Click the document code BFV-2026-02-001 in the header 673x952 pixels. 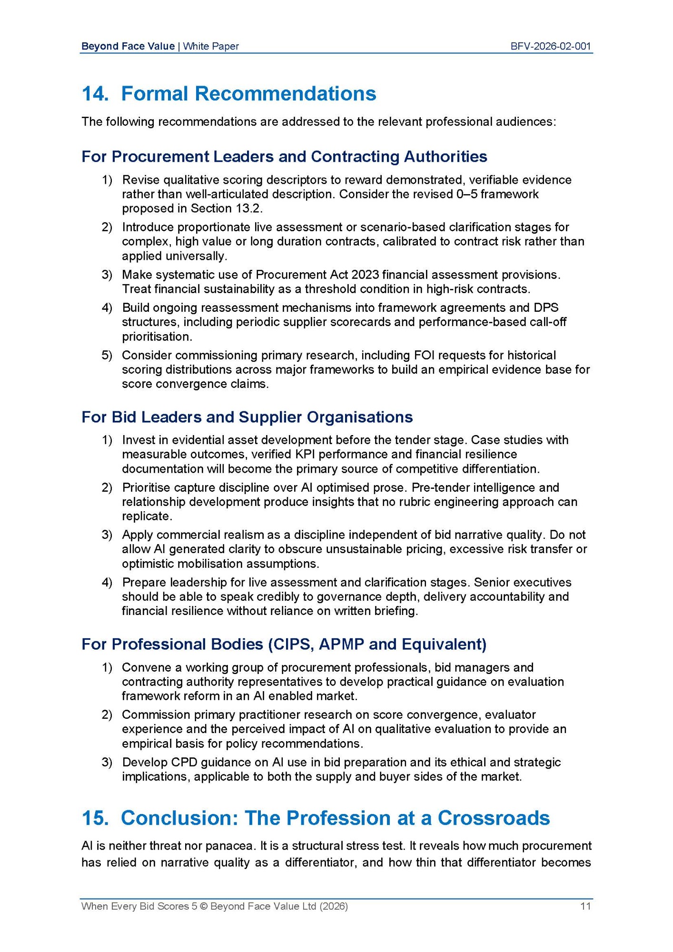550,46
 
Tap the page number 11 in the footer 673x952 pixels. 585,906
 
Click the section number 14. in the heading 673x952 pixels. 95,94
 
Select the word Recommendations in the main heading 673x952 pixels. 286,94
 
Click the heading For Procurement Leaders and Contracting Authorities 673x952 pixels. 284,157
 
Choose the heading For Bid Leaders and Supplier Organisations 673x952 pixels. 247,417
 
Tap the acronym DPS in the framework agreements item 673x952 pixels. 546,307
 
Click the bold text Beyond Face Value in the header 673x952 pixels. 128,46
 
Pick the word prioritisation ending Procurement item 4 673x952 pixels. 156,337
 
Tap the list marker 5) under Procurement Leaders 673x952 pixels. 107,355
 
